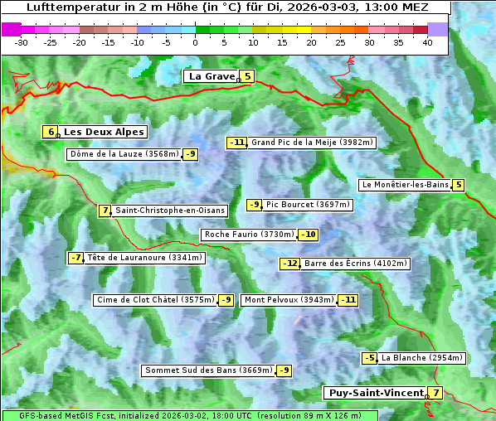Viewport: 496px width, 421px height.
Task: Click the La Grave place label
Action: coord(212,76)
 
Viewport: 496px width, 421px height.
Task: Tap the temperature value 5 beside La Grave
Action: coord(247,76)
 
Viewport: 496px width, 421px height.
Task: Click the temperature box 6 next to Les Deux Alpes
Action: coord(51,132)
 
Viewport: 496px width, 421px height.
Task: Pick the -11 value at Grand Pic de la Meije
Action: coord(237,143)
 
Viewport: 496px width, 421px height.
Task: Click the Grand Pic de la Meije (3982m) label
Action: coord(313,143)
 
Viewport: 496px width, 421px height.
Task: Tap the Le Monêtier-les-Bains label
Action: coord(405,185)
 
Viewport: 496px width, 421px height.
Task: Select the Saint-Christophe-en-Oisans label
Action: coord(170,210)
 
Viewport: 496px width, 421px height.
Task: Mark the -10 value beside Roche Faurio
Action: coord(308,235)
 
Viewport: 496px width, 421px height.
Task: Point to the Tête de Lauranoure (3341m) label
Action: coord(144,258)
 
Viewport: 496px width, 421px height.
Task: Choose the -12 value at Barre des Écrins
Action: coord(289,264)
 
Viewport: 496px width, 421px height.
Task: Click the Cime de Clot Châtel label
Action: coord(155,300)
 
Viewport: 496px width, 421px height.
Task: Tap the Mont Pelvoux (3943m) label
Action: coord(289,300)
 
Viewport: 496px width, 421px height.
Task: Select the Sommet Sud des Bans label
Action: coord(208,370)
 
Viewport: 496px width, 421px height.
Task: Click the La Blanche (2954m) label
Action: coord(421,358)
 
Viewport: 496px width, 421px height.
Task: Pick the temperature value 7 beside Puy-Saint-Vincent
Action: coord(435,393)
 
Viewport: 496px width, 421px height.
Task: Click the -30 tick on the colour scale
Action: coord(22,41)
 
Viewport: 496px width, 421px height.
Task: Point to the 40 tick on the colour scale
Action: coord(427,41)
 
